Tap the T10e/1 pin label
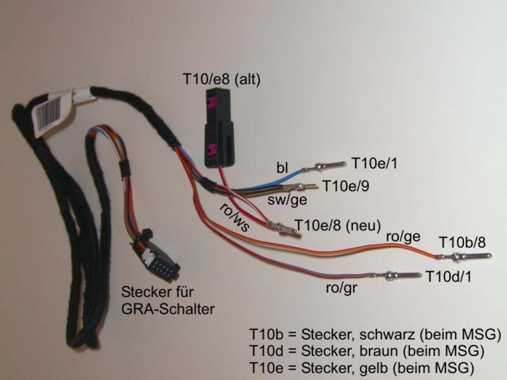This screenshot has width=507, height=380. (374, 163)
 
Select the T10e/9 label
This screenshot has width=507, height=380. (346, 186)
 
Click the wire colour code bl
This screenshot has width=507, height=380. (283, 168)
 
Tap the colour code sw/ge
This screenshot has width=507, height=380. (287, 200)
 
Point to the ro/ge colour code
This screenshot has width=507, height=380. (403, 237)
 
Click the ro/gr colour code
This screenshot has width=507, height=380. (341, 288)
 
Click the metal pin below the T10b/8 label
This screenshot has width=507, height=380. (463, 256)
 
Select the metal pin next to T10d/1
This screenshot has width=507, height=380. (395, 275)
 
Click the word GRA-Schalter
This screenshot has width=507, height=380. (168, 309)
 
